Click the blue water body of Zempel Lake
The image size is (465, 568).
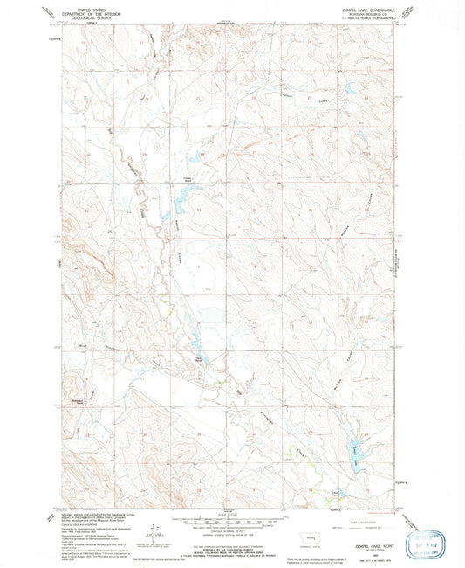358,451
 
